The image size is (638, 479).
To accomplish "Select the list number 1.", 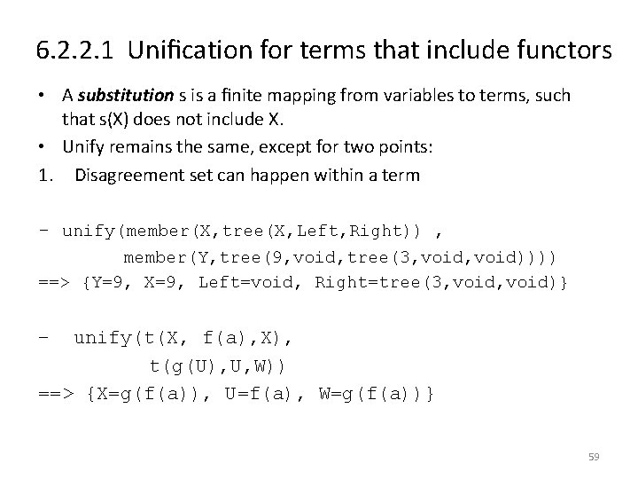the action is [x=45, y=176].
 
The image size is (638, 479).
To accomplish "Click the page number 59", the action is [x=594, y=457].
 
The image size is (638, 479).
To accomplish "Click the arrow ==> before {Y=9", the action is [x=57, y=283].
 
